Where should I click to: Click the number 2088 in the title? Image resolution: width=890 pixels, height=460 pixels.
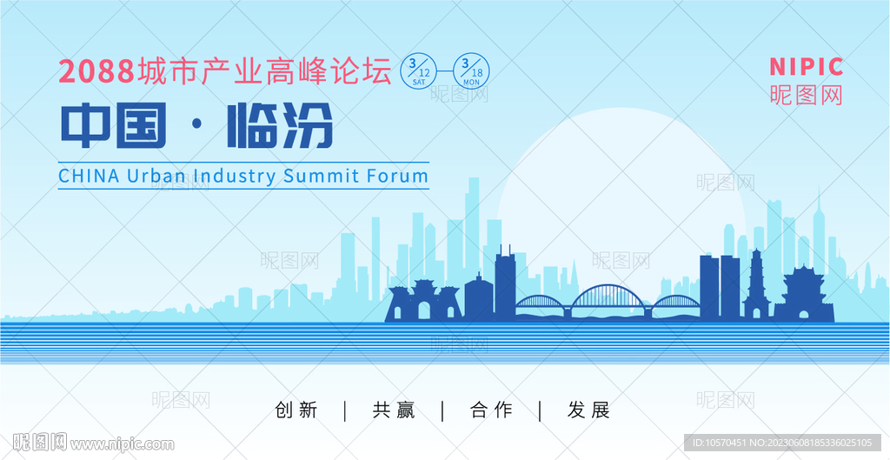[96, 72]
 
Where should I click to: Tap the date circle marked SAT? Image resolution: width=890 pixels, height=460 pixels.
[419, 71]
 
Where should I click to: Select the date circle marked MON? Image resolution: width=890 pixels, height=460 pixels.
[471, 71]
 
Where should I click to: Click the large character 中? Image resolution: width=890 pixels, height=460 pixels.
[84, 125]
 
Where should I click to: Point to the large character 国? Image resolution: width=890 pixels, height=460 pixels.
[141, 125]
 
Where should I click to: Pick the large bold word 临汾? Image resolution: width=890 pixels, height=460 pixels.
[280, 125]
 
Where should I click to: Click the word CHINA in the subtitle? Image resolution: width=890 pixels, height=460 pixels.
[90, 176]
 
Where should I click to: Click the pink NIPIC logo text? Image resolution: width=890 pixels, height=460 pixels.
[806, 67]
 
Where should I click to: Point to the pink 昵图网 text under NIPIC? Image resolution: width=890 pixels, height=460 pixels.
[806, 95]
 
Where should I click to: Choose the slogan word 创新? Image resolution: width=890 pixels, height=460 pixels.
[296, 410]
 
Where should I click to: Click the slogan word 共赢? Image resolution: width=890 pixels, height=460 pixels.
[394, 410]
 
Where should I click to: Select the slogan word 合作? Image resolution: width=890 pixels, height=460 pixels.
[491, 410]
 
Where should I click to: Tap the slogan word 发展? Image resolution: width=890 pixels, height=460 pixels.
[588, 410]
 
